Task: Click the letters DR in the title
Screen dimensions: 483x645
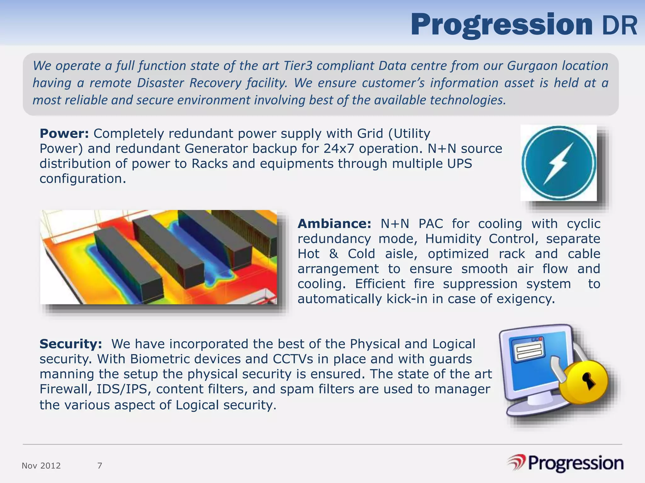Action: click(x=619, y=26)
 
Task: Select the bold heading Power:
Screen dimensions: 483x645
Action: click(x=64, y=134)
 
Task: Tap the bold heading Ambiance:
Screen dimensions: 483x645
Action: click(x=334, y=224)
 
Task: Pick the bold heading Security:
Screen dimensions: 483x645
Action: click(x=71, y=344)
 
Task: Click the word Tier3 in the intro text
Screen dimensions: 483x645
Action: click(x=298, y=66)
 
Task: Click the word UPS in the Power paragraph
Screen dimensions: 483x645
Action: click(x=459, y=164)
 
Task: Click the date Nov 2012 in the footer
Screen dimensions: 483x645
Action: click(x=41, y=466)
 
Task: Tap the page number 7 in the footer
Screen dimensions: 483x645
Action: click(x=100, y=466)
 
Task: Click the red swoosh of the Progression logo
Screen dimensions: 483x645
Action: click(x=517, y=463)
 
